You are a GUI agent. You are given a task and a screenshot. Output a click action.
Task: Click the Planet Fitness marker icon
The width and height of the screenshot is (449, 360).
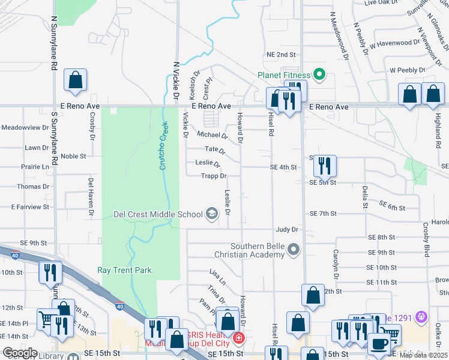319,75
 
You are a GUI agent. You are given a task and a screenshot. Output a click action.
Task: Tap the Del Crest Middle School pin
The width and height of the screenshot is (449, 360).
211,214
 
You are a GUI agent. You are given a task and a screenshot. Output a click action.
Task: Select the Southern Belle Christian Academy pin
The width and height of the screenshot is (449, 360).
294,248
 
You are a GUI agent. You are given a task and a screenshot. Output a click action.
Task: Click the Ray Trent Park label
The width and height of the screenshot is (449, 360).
125,270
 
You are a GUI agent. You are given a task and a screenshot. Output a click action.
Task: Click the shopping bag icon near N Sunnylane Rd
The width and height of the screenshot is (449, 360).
76,80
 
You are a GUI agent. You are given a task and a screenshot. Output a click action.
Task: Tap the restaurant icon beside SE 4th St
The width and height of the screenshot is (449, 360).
325,165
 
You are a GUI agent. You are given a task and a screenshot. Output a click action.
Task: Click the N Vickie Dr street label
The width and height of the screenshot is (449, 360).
176,79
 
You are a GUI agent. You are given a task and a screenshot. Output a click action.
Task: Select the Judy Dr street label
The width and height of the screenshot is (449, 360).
287,229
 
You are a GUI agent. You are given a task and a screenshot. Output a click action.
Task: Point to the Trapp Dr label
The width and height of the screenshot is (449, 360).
214,176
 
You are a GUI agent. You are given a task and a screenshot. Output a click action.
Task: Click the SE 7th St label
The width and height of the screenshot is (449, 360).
324,213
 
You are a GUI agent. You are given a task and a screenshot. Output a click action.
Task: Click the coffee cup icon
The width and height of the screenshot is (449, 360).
379,343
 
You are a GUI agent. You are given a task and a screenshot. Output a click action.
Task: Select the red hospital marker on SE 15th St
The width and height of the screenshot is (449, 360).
239,338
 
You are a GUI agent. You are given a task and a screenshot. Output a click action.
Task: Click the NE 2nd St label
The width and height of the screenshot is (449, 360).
282,54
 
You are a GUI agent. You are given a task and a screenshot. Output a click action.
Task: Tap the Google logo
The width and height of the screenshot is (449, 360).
19,353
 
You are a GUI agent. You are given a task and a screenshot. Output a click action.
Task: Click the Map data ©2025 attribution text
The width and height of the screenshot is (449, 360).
424,355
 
